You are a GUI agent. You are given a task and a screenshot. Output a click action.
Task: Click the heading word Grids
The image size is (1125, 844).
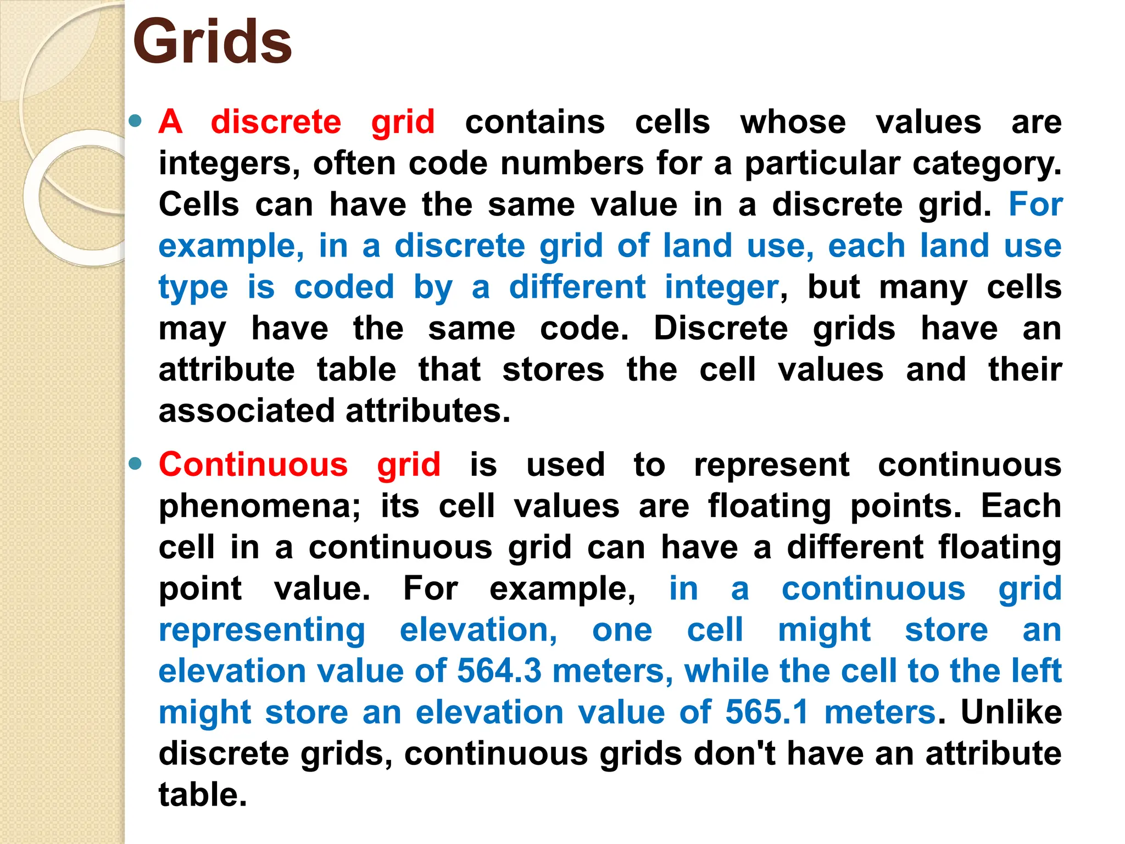pos(212,42)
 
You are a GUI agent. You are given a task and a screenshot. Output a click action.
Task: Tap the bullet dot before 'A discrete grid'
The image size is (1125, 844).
pos(135,120)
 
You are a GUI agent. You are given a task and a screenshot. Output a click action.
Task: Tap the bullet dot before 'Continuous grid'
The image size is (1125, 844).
pos(135,464)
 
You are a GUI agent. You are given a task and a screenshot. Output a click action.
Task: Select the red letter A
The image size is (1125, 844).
pos(170,121)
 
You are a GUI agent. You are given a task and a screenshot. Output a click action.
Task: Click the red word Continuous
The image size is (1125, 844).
pos(253,465)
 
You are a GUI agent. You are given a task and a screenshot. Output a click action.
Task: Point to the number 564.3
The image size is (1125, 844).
pos(499,671)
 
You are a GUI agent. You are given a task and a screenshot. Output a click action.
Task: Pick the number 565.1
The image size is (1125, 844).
pos(767,712)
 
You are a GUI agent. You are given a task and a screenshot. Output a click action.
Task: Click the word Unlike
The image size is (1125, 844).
pos(1011,712)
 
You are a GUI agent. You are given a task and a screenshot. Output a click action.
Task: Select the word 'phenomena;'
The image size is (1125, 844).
pos(259,506)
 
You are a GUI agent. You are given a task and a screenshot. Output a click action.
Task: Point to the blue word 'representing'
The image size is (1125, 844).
pos(262,630)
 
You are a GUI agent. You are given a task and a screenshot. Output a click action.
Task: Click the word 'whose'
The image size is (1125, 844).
pos(793,121)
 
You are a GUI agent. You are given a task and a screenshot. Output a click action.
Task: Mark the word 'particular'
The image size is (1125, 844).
pos(822,164)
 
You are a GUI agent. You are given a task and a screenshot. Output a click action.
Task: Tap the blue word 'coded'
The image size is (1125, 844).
pos(344,287)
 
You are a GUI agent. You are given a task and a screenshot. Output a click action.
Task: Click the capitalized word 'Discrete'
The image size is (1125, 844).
pos(721,328)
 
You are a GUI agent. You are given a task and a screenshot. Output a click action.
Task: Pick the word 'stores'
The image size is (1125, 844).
pos(553,369)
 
